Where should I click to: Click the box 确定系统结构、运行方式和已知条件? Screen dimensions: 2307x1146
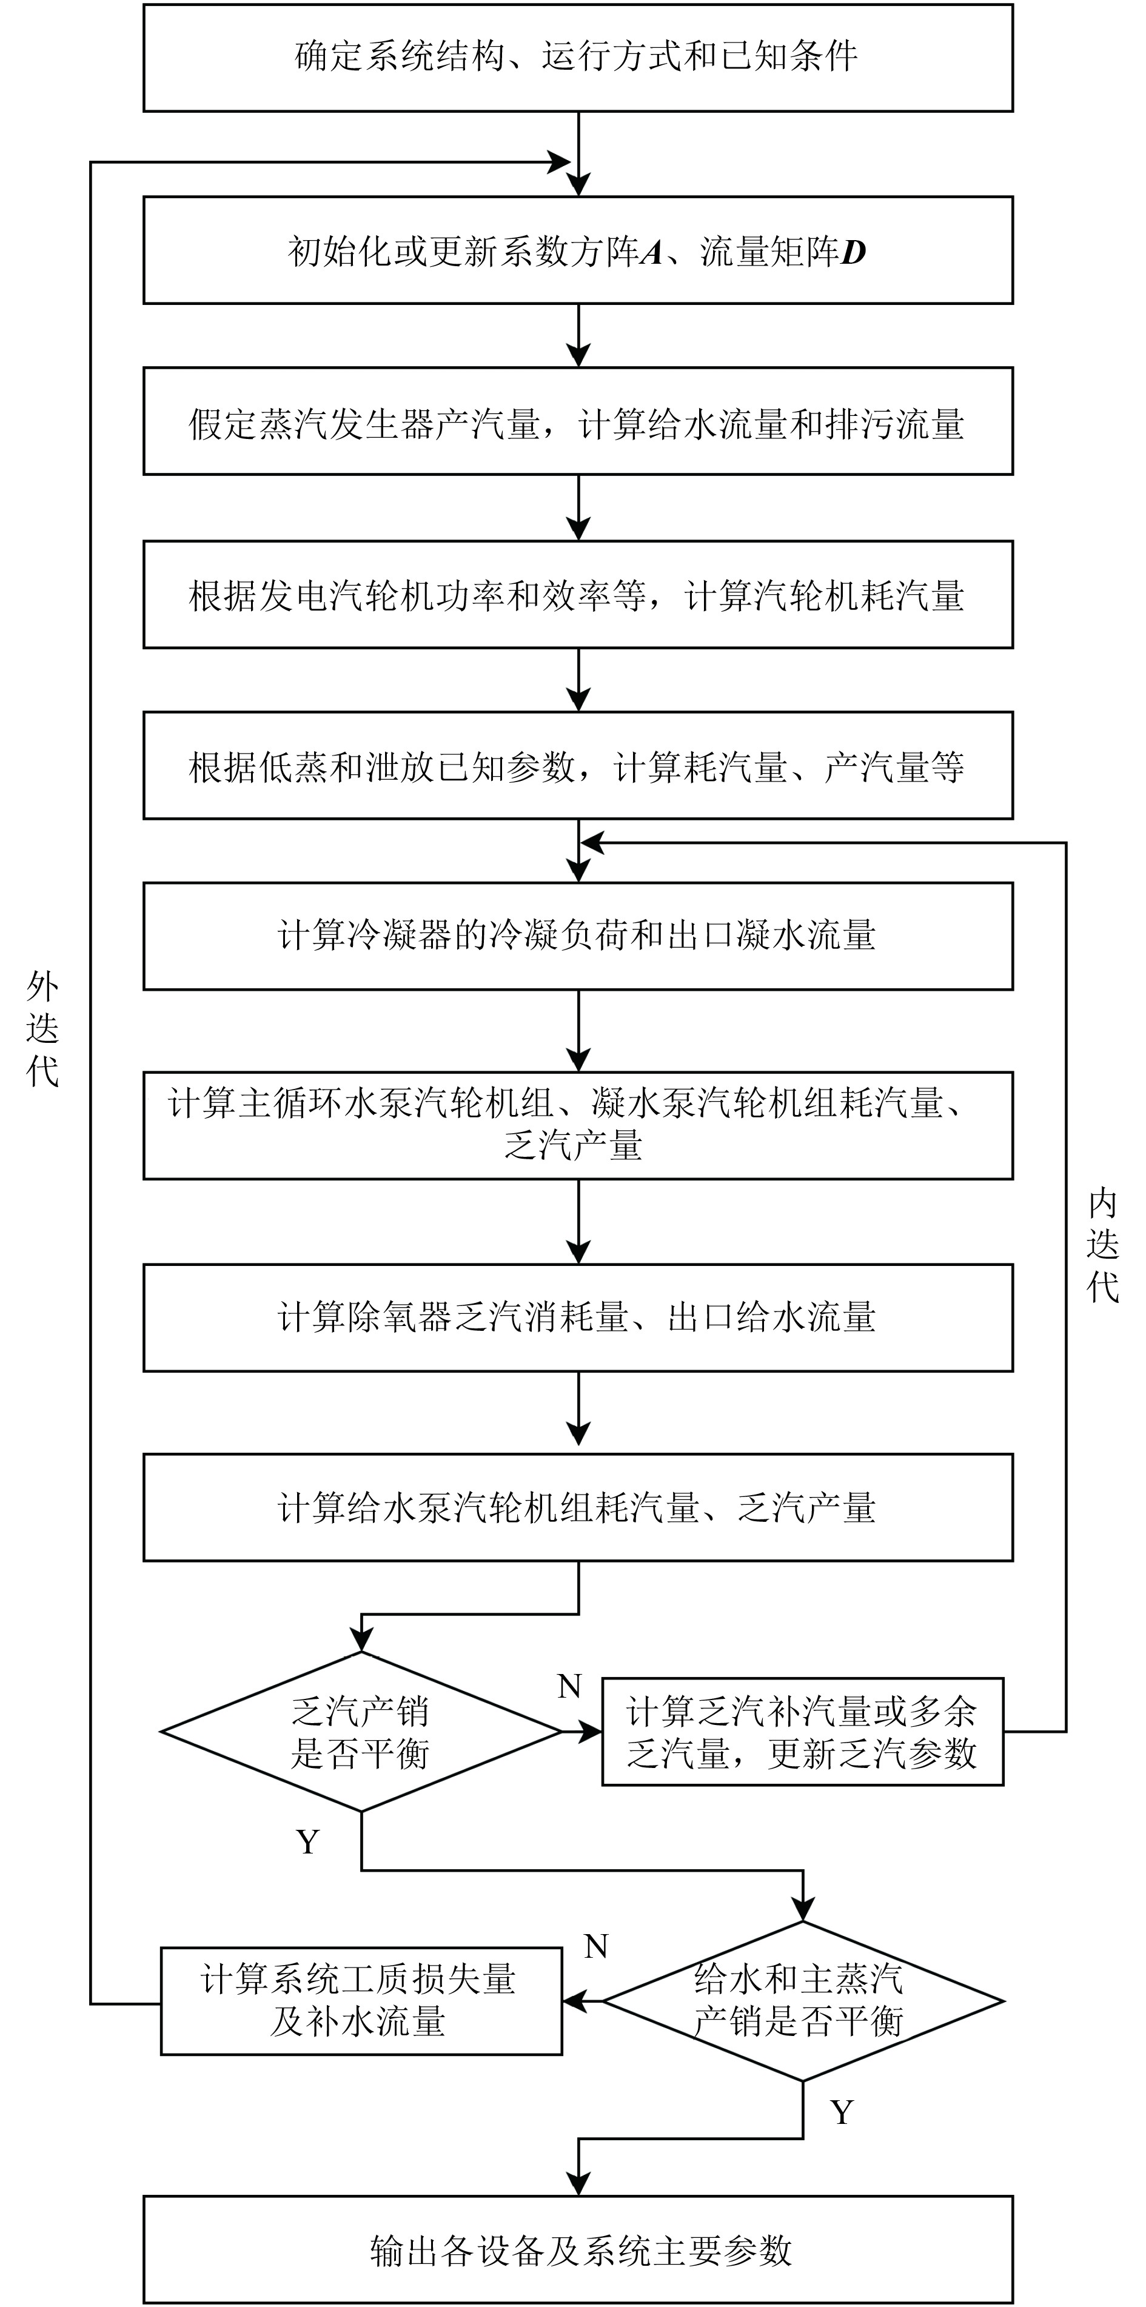tap(577, 58)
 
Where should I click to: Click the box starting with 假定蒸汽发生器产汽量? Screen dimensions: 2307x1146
tap(577, 423)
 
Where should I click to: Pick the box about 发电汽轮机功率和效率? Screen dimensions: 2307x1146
tap(577, 595)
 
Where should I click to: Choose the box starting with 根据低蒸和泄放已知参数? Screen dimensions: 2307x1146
tap(577, 766)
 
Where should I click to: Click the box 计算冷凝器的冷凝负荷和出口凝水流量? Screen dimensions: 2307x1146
tap(577, 937)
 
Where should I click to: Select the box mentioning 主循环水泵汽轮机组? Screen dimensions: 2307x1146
tap(577, 1125)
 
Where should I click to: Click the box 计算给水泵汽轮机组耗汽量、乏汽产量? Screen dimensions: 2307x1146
tap(577, 1508)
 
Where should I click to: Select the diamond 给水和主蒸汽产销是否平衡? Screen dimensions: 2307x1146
tap(802, 2001)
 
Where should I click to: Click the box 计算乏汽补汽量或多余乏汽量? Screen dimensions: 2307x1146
tap(802, 1732)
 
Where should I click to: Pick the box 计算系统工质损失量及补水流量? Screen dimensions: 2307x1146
tap(361, 2001)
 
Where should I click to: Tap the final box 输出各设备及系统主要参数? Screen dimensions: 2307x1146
tap(577, 2249)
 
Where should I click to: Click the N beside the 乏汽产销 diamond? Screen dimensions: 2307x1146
tap(569, 1687)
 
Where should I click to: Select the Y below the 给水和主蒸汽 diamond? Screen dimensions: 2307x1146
tap(842, 2112)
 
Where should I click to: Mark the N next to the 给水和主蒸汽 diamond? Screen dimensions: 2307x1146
tap(595, 1947)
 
